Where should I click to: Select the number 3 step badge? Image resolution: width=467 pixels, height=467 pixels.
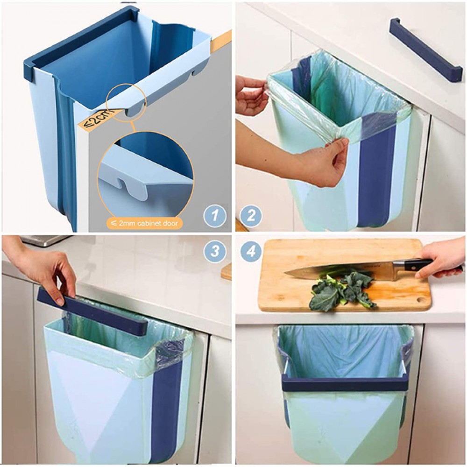coord(215,252)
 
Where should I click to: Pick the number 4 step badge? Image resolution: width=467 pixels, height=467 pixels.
coord(251,252)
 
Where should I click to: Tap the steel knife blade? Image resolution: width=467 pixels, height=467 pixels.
coord(340,271)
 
